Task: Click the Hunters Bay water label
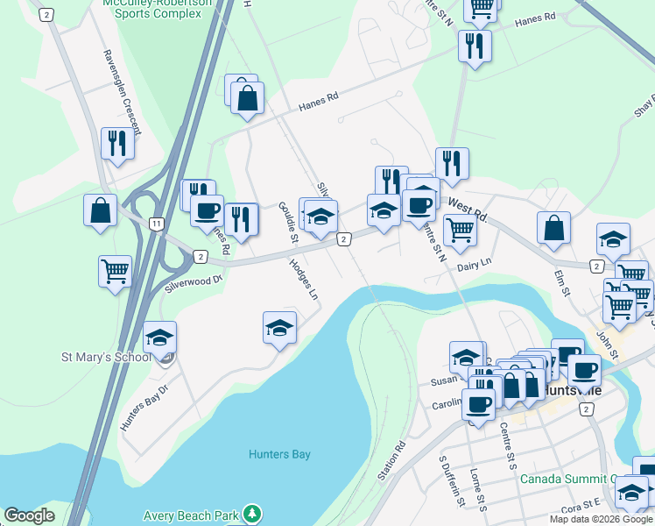pyautogui.click(x=279, y=454)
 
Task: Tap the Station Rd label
pyautogui.click(x=392, y=459)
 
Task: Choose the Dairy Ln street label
pyautogui.click(x=474, y=262)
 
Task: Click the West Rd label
pyautogui.click(x=466, y=209)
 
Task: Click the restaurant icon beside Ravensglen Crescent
pyautogui.click(x=118, y=142)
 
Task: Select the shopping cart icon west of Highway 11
pyautogui.click(x=116, y=271)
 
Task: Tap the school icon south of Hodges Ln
pyautogui.click(x=279, y=328)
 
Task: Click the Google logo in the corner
pyautogui.click(x=29, y=515)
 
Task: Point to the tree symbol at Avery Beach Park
pyautogui.click(x=252, y=512)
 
